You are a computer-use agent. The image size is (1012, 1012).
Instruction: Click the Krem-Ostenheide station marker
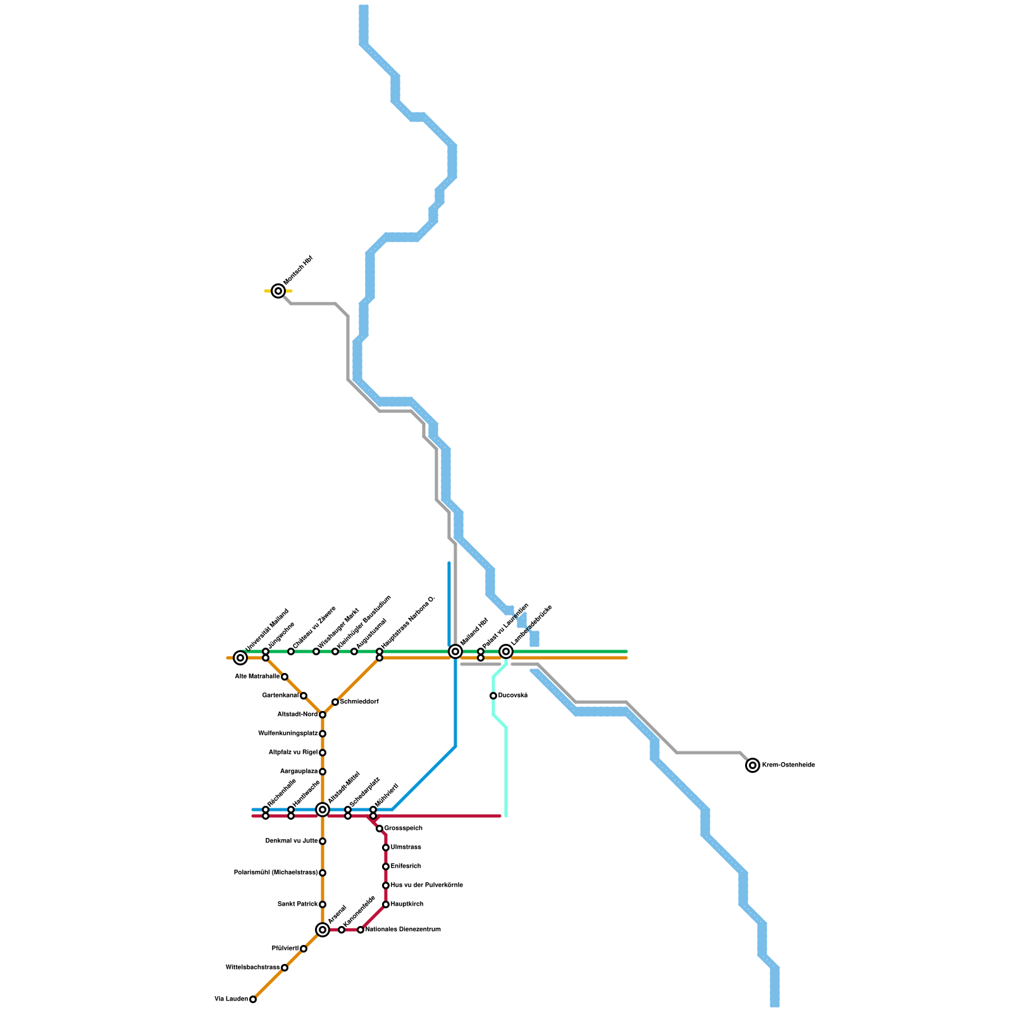pyautogui.click(x=753, y=765)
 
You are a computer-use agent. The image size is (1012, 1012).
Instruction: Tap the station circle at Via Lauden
pyautogui.click(x=253, y=999)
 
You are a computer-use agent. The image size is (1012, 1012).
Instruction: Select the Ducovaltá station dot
pyautogui.click(x=493, y=696)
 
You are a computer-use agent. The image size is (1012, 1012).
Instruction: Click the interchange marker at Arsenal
pyautogui.click(x=323, y=930)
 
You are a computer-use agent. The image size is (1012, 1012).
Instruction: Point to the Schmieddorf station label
pyautogui.click(x=359, y=702)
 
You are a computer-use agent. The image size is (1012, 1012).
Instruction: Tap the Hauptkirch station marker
pyautogui.click(x=386, y=904)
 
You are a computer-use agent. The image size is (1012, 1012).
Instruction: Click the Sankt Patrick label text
pyautogui.click(x=297, y=904)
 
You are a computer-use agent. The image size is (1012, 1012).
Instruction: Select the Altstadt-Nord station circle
pyautogui.click(x=323, y=715)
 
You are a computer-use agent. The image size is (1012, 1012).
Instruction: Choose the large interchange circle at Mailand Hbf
pyautogui.click(x=455, y=651)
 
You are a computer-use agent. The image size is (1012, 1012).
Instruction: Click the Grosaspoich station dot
pyautogui.click(x=379, y=829)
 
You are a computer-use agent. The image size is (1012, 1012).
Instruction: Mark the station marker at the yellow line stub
pyautogui.click(x=278, y=291)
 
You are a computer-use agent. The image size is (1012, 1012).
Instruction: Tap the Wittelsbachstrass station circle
pyautogui.click(x=285, y=968)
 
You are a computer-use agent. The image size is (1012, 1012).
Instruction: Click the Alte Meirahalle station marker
pyautogui.click(x=285, y=677)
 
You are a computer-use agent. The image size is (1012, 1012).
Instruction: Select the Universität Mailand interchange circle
pyautogui.click(x=240, y=658)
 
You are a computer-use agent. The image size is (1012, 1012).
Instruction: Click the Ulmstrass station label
pyautogui.click(x=405, y=848)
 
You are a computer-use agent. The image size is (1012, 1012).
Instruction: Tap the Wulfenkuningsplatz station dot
pyautogui.click(x=323, y=734)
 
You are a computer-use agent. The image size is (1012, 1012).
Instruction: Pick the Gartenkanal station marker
pyautogui.click(x=304, y=696)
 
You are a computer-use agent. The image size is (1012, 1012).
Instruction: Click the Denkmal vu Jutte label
pyautogui.click(x=292, y=841)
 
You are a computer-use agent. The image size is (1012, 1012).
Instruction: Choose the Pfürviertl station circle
pyautogui.click(x=304, y=949)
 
